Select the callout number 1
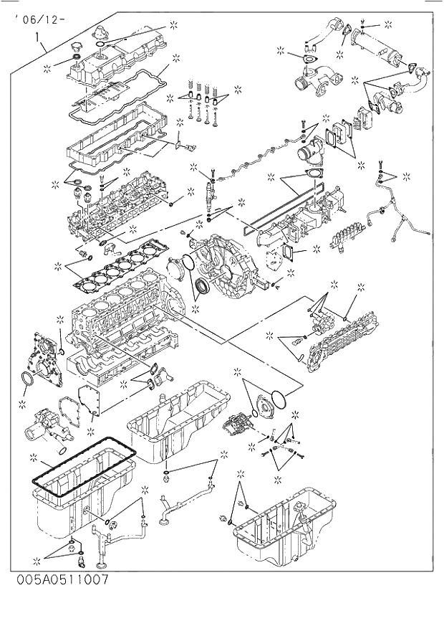[37, 34]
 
